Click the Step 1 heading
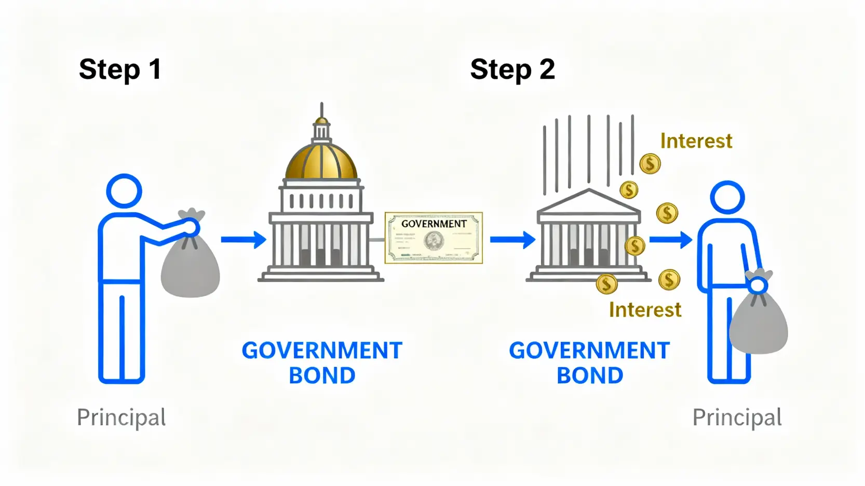click(120, 70)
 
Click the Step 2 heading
click(512, 70)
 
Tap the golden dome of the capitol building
click(321, 160)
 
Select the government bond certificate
click(434, 238)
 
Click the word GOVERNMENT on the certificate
click(434, 224)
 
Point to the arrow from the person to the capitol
click(243, 240)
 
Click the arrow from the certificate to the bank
click(512, 240)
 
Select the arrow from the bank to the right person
click(670, 240)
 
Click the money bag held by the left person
click(191, 265)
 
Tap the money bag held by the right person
click(759, 322)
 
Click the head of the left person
click(124, 191)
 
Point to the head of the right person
click(727, 197)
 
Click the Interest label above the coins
click(696, 141)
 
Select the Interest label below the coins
click(645, 310)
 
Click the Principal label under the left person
click(121, 418)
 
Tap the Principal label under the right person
click(737, 418)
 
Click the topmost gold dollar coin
click(650, 164)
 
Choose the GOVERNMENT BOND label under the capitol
click(322, 363)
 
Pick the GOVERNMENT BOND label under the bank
click(589, 363)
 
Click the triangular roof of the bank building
click(588, 203)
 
